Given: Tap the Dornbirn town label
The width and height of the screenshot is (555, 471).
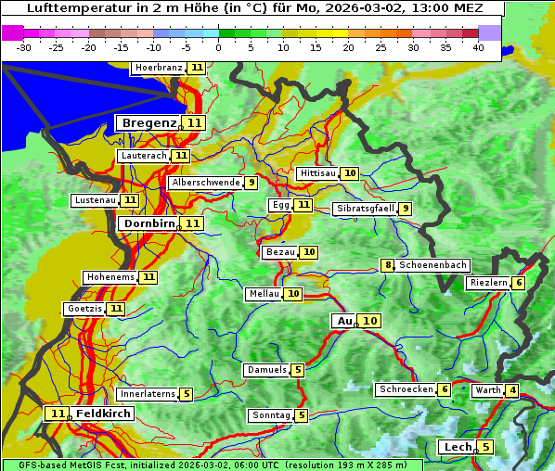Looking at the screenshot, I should point(148,223).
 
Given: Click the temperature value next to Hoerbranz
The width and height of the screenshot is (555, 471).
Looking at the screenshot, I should point(197,68).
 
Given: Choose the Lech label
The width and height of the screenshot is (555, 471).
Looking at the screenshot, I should point(458,447).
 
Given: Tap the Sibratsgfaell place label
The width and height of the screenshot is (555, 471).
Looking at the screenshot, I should point(365,209).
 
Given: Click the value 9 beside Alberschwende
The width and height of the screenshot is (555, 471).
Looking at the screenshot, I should point(251,183).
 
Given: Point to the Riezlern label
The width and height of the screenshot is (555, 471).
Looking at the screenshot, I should point(488,283).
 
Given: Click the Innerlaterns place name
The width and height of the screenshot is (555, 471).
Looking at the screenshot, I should point(148,394).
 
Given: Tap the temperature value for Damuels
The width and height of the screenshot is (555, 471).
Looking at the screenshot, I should point(298,370).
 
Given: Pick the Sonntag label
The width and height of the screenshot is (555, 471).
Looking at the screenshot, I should point(271,415).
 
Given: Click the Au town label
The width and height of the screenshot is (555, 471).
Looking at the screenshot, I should point(344,321).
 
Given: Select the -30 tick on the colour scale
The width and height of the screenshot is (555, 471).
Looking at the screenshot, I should point(24,46).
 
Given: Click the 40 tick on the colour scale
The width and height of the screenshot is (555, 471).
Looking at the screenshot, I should point(478,46).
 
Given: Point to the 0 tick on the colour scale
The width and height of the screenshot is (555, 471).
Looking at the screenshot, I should point(218,46).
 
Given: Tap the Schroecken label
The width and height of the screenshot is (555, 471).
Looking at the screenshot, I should point(406,389).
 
